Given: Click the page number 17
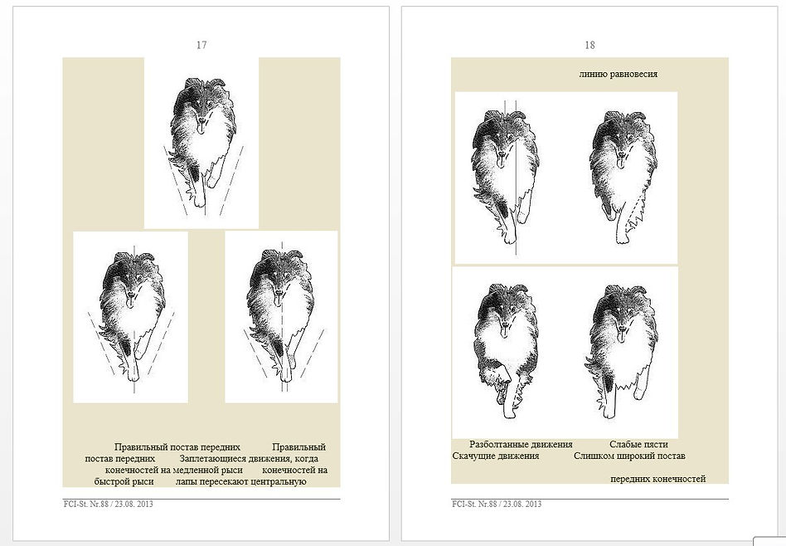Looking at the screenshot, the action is [201, 45].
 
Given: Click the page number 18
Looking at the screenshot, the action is [589, 45].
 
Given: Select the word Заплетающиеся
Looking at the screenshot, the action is [213, 459].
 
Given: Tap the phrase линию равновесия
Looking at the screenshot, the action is [618, 75].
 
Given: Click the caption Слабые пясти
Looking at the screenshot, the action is [638, 444].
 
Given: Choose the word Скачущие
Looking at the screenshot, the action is [473, 456].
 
